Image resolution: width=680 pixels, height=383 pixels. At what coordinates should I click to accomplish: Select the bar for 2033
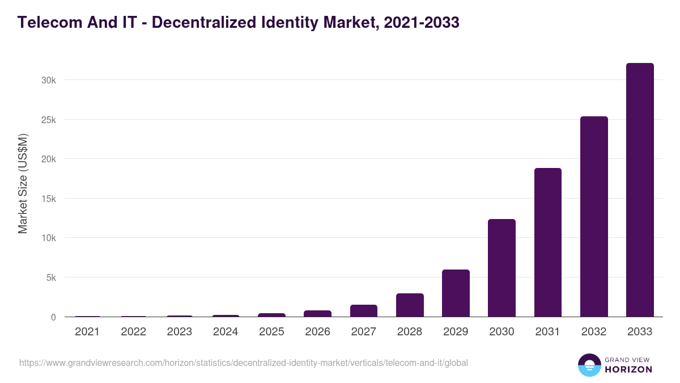(x=640, y=190)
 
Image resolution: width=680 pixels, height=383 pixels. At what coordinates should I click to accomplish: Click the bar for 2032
(x=594, y=217)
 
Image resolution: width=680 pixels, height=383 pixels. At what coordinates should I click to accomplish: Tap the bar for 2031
(x=547, y=242)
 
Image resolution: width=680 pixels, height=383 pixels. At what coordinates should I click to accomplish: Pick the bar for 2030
(x=501, y=268)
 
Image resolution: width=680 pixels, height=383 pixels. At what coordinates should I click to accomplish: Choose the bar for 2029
(x=456, y=293)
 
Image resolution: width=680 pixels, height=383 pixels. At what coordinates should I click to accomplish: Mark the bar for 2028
(x=410, y=305)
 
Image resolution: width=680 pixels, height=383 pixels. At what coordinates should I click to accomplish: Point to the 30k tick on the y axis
(x=48, y=81)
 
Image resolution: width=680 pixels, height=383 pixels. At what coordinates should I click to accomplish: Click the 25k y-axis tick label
(x=48, y=120)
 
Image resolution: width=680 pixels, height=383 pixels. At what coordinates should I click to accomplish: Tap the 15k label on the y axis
(x=48, y=199)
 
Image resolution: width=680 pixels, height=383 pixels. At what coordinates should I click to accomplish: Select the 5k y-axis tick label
(x=50, y=278)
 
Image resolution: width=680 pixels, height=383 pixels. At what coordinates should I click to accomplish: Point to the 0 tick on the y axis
(x=53, y=317)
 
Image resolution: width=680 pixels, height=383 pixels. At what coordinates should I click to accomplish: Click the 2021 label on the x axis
(x=87, y=332)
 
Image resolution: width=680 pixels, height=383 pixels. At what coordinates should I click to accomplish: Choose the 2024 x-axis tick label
(x=226, y=332)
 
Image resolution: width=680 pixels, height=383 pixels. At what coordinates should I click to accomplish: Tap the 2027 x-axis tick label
(x=363, y=332)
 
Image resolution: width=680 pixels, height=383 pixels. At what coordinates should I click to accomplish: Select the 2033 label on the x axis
(x=640, y=332)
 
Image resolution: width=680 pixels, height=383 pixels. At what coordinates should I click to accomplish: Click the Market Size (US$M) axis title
(x=23, y=183)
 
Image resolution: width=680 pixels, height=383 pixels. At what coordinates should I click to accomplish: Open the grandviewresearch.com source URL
(x=244, y=363)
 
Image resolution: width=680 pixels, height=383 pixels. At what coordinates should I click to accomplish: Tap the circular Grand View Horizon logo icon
(x=589, y=365)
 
